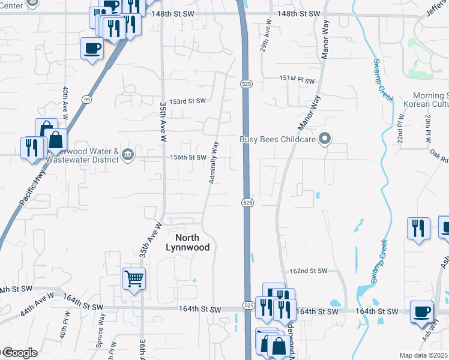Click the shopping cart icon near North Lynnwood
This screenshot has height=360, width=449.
pyautogui.click(x=134, y=278)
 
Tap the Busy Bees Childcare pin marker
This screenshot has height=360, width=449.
pyautogui.click(x=325, y=140)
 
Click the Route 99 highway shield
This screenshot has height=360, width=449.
pyautogui.click(x=87, y=100)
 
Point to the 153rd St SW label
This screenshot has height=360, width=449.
pyautogui.click(x=187, y=101)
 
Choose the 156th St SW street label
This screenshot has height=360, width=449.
pyautogui.click(x=189, y=157)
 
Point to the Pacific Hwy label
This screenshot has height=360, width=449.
pyautogui.click(x=29, y=191)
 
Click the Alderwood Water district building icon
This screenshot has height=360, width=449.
pyautogui.click(x=128, y=155)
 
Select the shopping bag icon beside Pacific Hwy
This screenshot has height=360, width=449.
pyautogui.click(x=55, y=140)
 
